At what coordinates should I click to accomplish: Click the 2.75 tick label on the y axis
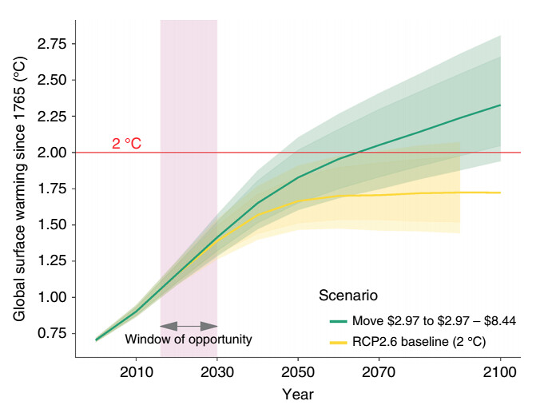coord(52,44)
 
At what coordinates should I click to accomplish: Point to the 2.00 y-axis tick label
coord(52,153)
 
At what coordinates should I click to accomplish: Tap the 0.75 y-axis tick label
coord(52,333)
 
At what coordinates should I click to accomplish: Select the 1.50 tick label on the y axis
coord(52,224)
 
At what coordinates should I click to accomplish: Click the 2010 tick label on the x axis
coord(137,372)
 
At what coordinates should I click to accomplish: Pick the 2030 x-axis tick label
coord(217,372)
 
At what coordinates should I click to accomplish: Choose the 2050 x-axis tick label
coord(298,372)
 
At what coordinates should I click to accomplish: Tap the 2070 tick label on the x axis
coord(379,372)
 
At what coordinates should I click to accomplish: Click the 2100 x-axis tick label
coord(500,372)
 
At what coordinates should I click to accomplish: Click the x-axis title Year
coord(298,395)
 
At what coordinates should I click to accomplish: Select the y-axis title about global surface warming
coord(19,189)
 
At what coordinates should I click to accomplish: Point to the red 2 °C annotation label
coord(127,144)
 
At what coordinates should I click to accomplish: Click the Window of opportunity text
coord(189,340)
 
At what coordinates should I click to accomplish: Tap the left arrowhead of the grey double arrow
coord(169,326)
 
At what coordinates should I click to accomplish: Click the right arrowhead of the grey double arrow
coord(209,326)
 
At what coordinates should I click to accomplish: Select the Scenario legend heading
coord(348,296)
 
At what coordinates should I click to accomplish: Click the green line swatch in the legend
coord(338,321)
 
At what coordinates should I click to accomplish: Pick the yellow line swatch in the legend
coord(338,342)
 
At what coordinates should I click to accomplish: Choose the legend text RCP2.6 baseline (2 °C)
coord(419,342)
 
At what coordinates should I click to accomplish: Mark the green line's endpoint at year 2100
coord(500,105)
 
